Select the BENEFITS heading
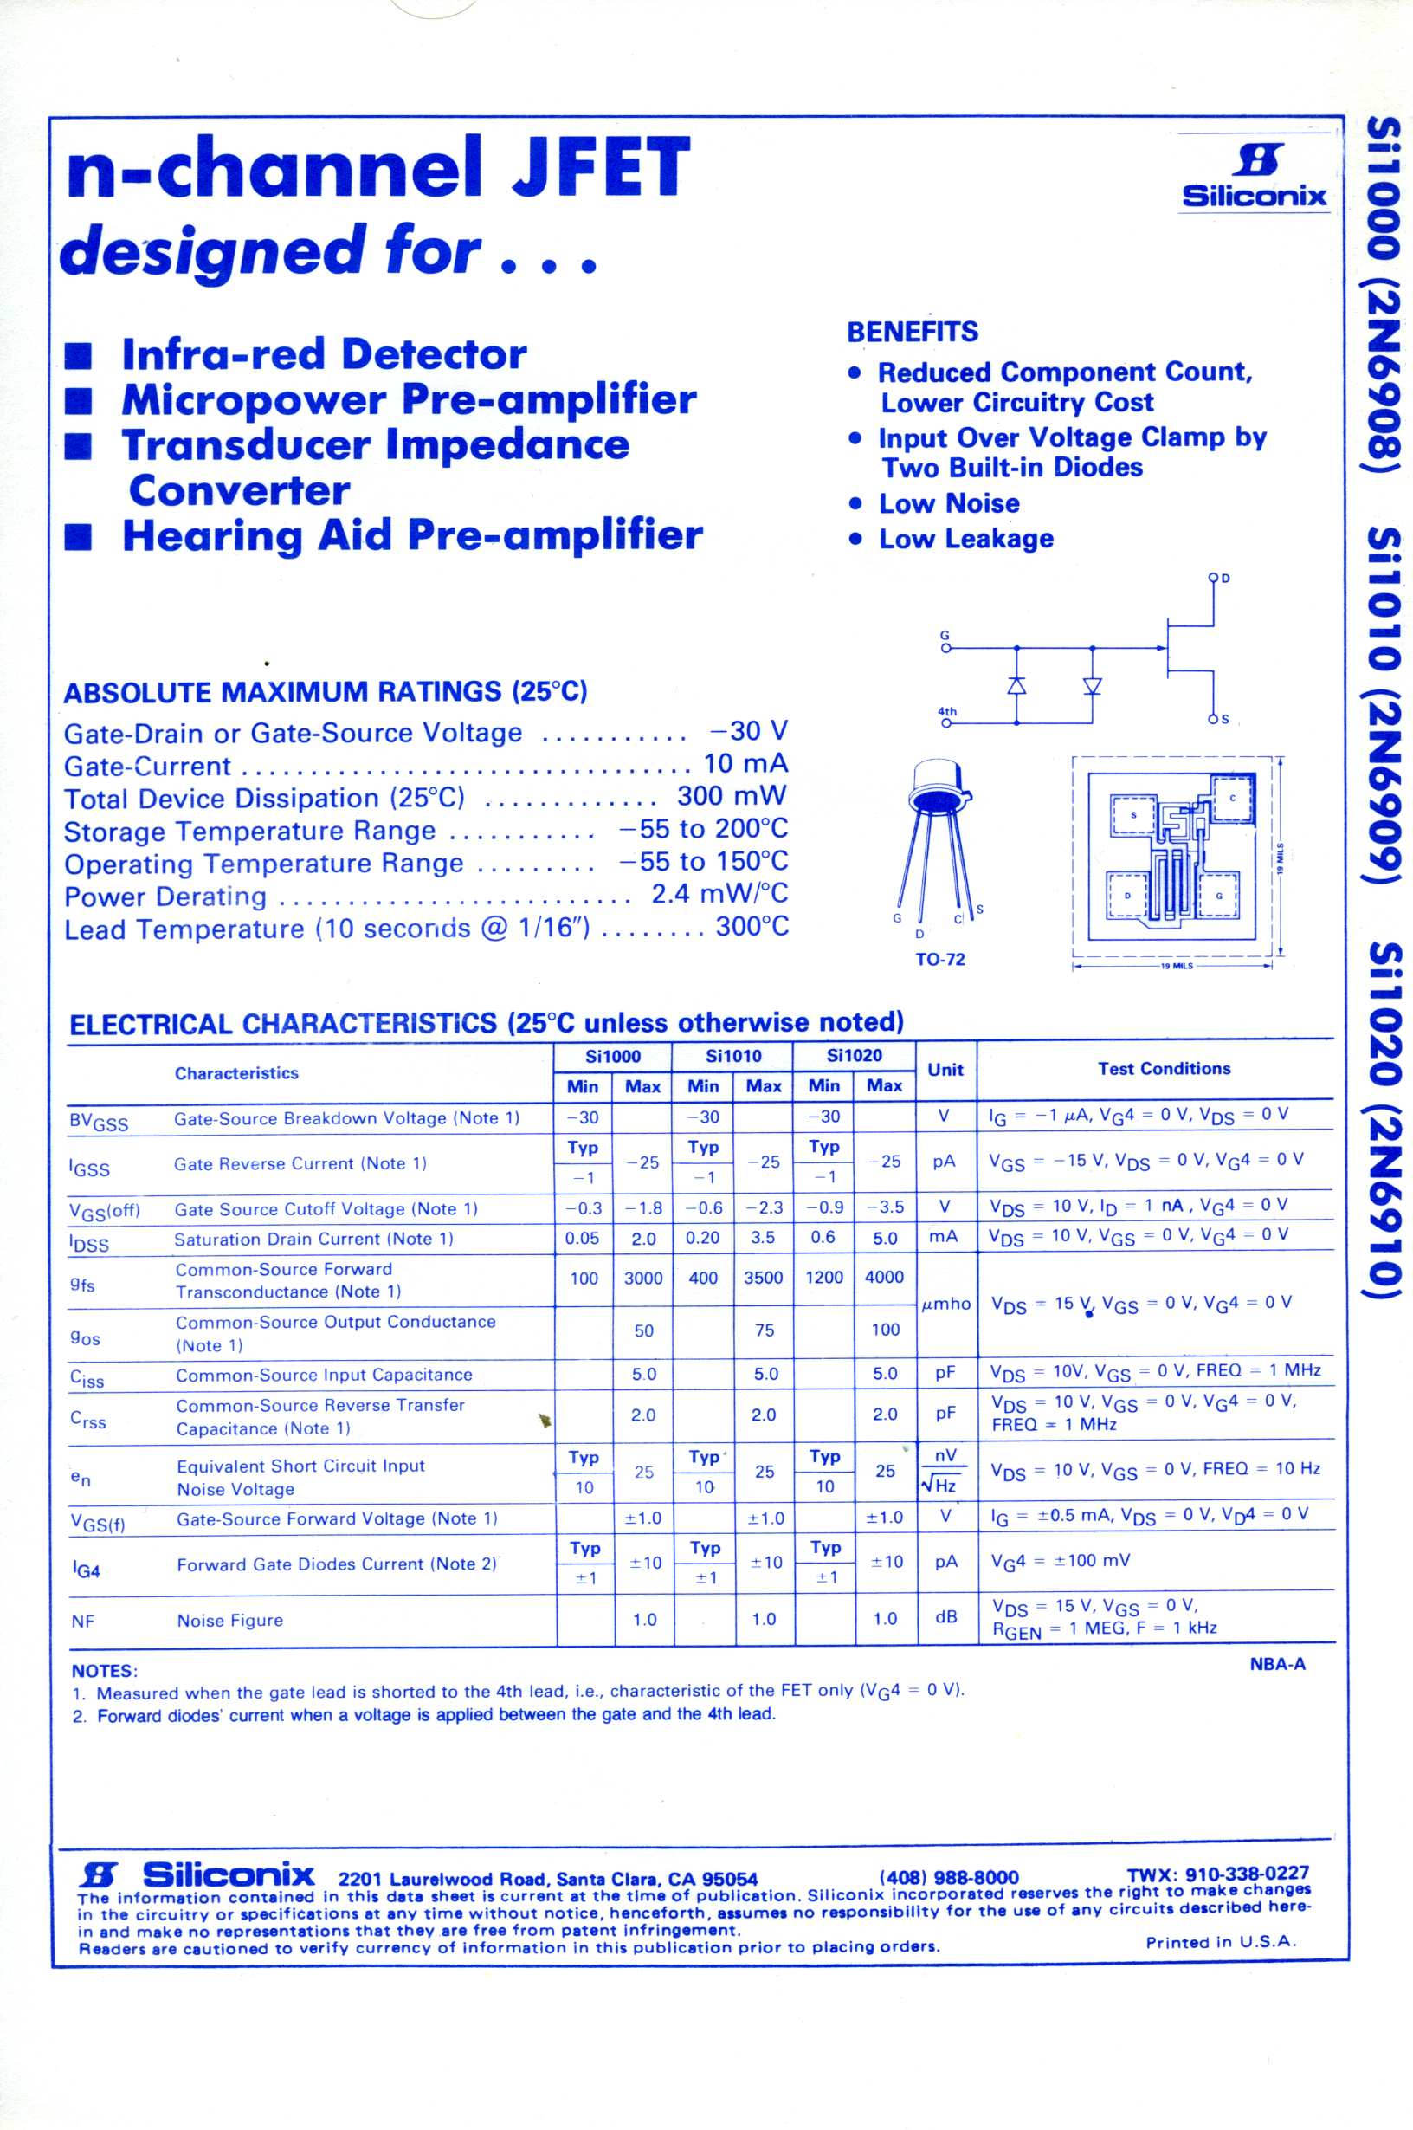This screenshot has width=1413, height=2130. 912,332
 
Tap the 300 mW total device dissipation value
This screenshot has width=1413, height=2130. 731,796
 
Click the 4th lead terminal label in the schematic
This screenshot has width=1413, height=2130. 947,711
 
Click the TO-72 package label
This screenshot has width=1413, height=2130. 939,959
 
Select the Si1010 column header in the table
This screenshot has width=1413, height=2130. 732,1056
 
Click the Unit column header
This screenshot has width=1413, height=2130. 945,1070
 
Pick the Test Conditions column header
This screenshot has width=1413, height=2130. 1164,1068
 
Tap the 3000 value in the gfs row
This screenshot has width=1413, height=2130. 642,1279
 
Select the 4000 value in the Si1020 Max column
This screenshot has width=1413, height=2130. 883,1278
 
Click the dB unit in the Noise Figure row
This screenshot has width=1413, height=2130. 945,1617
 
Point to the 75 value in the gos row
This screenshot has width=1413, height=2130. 765,1330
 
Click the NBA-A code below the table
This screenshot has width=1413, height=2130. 1277,1664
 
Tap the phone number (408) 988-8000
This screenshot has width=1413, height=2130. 948,1877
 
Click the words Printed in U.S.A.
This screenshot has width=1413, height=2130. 1220,1943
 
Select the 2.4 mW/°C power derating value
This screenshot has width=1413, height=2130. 719,893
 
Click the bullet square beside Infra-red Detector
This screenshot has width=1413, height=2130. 80,356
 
